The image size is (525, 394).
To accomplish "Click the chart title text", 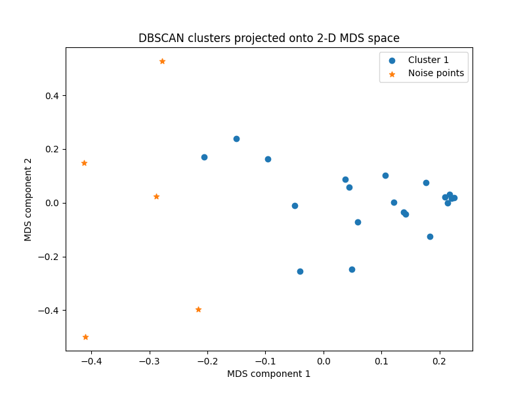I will (268, 38).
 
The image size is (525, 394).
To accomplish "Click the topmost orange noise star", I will (162, 61).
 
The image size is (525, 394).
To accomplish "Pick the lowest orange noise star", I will (85, 337).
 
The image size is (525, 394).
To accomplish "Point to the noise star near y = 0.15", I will (84, 163).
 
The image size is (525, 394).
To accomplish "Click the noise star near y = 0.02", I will (156, 196).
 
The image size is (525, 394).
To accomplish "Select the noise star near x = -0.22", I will (198, 309).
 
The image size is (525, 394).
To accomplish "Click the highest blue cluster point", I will (236, 139).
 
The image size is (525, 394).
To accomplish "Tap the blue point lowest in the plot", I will (300, 271).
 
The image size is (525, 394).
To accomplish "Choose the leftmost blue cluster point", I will (204, 157).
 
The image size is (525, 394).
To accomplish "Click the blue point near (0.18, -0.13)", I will (430, 236).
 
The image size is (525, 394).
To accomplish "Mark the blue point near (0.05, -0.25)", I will (352, 269).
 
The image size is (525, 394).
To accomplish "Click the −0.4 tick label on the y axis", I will (50, 311).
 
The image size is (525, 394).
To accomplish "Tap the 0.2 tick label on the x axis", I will (440, 361).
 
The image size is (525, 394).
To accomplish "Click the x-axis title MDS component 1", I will (268, 374).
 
